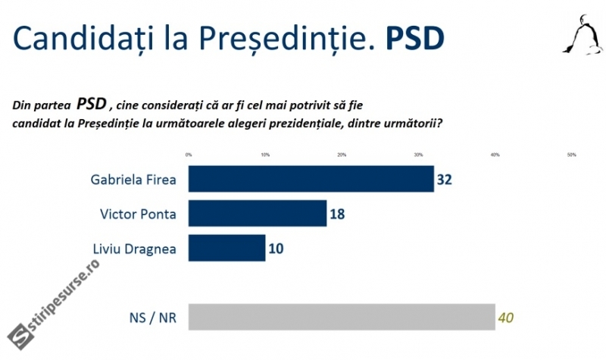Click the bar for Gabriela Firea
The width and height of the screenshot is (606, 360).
(x=311, y=180)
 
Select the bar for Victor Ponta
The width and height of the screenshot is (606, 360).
(x=257, y=214)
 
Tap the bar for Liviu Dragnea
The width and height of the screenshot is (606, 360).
(x=226, y=248)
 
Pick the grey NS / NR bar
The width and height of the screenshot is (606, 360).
(x=341, y=317)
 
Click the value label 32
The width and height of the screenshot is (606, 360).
(x=445, y=180)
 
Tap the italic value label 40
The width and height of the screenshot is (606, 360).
(x=506, y=317)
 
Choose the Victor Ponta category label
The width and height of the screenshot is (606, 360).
(x=138, y=214)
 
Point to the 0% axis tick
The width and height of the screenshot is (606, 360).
(x=189, y=155)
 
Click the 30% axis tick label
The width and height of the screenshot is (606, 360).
(x=418, y=155)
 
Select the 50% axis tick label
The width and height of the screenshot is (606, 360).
(x=571, y=155)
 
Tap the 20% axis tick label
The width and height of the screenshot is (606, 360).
(x=342, y=155)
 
